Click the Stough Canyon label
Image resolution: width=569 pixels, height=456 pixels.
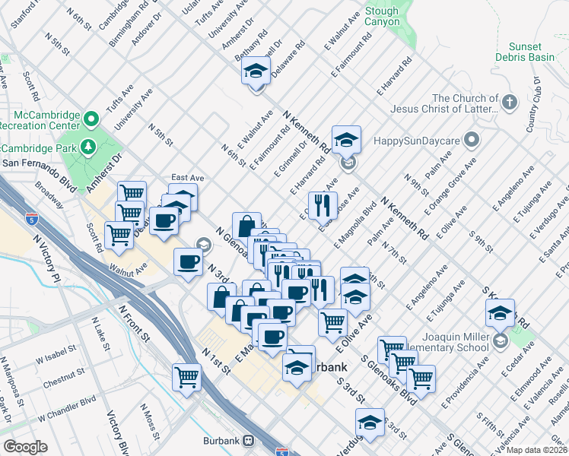[381, 17]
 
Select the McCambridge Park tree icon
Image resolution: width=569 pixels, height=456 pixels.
[89, 147]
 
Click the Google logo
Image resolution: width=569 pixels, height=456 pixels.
[25, 447]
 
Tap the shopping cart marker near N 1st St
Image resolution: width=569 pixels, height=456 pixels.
[186, 376]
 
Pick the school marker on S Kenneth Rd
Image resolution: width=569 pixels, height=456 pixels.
[501, 312]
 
